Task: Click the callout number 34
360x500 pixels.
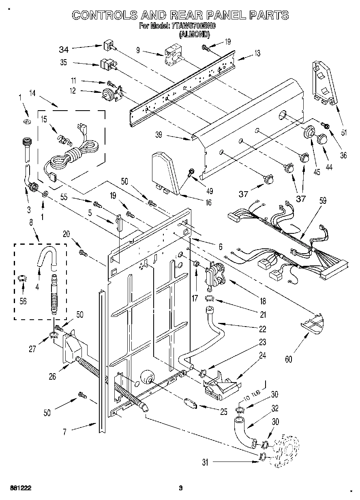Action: pyautogui.click(x=64, y=49)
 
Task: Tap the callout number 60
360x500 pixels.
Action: pyautogui.click(x=288, y=359)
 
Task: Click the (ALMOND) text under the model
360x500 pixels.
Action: pyautogui.click(x=194, y=34)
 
